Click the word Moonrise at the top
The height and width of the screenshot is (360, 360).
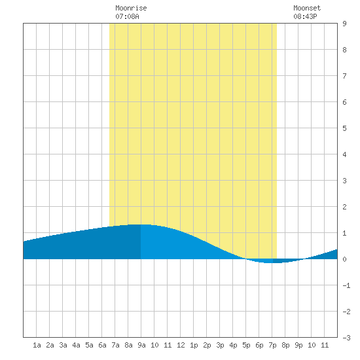(131, 8)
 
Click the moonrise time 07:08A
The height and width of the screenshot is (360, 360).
(127, 16)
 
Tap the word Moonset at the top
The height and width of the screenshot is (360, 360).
(307, 8)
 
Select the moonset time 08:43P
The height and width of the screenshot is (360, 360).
(305, 16)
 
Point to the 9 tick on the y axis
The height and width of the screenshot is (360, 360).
(344, 24)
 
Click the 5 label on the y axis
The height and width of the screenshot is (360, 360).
(344, 128)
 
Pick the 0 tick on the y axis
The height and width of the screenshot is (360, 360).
(344, 259)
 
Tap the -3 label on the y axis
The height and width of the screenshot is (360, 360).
(346, 338)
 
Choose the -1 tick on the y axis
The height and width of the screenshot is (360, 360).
(346, 285)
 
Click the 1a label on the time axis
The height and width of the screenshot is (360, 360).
(37, 345)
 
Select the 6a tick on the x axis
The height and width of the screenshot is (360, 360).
(102, 345)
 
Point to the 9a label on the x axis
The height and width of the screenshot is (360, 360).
(141, 345)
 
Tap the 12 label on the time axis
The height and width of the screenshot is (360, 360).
(181, 345)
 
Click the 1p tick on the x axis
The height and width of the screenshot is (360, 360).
(194, 345)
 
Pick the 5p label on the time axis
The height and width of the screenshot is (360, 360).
(246, 345)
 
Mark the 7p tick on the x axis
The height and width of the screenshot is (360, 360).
(272, 345)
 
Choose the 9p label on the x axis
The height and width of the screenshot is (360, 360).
(298, 345)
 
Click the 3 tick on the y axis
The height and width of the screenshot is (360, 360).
(344, 181)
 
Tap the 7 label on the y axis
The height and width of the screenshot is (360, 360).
(344, 76)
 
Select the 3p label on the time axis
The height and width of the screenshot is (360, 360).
(220, 345)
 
